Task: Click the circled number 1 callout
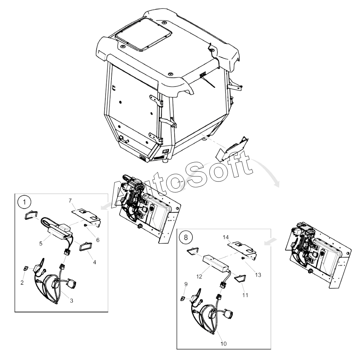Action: pyautogui.click(x=24, y=202)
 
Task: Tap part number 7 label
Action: pyautogui.click(x=70, y=201)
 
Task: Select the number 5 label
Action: pyautogui.click(x=41, y=244)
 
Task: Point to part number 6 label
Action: pyautogui.click(x=98, y=240)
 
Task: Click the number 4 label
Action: pyautogui.click(x=95, y=262)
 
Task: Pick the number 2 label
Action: pyautogui.click(x=22, y=283)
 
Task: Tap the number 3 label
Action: pyautogui.click(x=72, y=300)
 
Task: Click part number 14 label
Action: pyautogui.click(x=226, y=237)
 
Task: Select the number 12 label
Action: pyautogui.click(x=199, y=276)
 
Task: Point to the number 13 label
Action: pyautogui.click(x=258, y=275)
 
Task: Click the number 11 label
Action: pyautogui.click(x=245, y=295)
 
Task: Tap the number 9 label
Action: pyautogui.click(x=186, y=284)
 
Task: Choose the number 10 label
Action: pyautogui.click(x=224, y=344)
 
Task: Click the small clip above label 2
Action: pyautogui.click(x=26, y=268)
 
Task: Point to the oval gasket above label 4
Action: pyautogui.click(x=85, y=246)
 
